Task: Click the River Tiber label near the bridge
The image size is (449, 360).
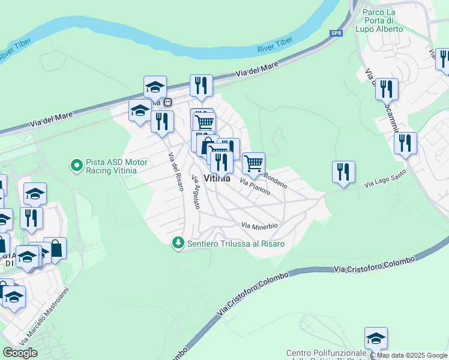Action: (x=275, y=44)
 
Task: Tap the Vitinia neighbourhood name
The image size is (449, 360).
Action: (x=217, y=178)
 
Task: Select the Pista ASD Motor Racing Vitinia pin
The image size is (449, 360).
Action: (x=76, y=164)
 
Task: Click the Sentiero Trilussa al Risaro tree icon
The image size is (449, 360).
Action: (x=178, y=244)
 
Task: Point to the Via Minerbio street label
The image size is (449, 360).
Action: (x=259, y=226)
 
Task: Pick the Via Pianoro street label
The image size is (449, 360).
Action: (x=255, y=187)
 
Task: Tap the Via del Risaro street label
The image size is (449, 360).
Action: (x=175, y=172)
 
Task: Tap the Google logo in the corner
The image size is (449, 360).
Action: (x=20, y=353)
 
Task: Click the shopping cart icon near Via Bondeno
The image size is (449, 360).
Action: (x=254, y=162)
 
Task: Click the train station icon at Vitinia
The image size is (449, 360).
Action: (x=168, y=103)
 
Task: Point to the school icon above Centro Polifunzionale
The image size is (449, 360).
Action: (x=376, y=338)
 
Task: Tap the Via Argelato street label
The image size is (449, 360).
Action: (x=195, y=192)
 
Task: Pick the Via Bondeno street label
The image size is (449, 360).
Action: (x=276, y=181)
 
